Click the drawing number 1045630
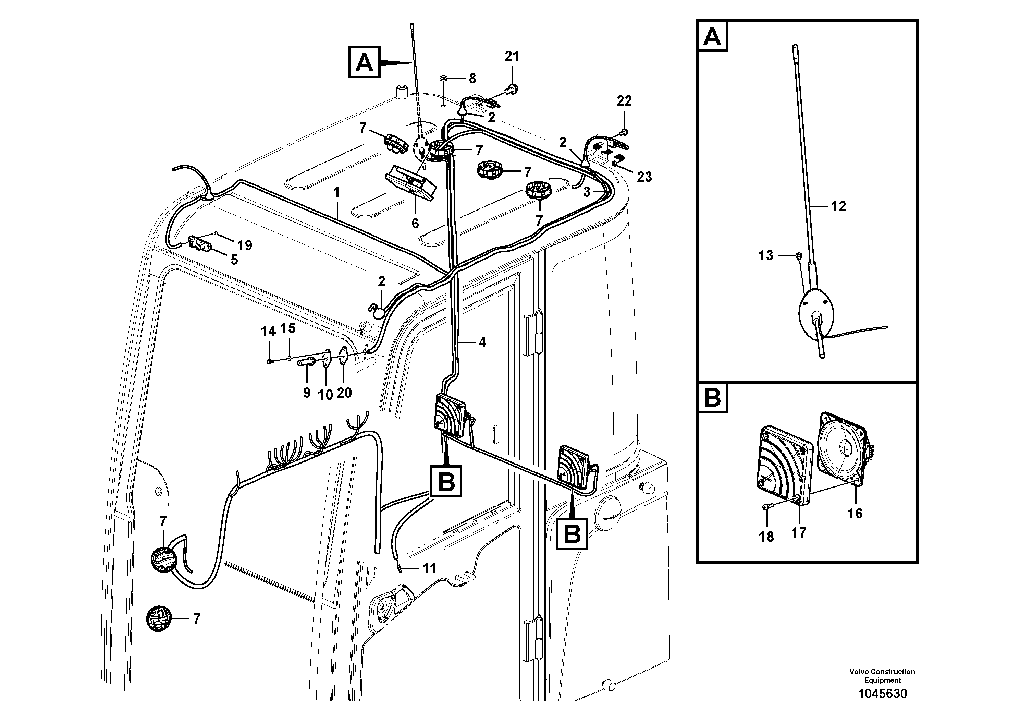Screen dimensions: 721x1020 click(x=882, y=694)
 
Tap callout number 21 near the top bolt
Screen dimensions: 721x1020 click(x=512, y=57)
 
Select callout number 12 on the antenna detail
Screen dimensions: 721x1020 click(x=838, y=206)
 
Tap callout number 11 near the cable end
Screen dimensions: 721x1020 click(x=429, y=568)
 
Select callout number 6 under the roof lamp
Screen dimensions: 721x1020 click(x=415, y=223)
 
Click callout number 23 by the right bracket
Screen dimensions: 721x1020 click(x=644, y=177)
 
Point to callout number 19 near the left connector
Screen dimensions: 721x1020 click(x=244, y=245)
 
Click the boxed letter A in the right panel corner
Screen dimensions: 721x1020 click(x=713, y=36)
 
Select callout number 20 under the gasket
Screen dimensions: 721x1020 click(x=344, y=393)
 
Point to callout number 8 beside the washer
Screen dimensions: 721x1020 click(x=472, y=79)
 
